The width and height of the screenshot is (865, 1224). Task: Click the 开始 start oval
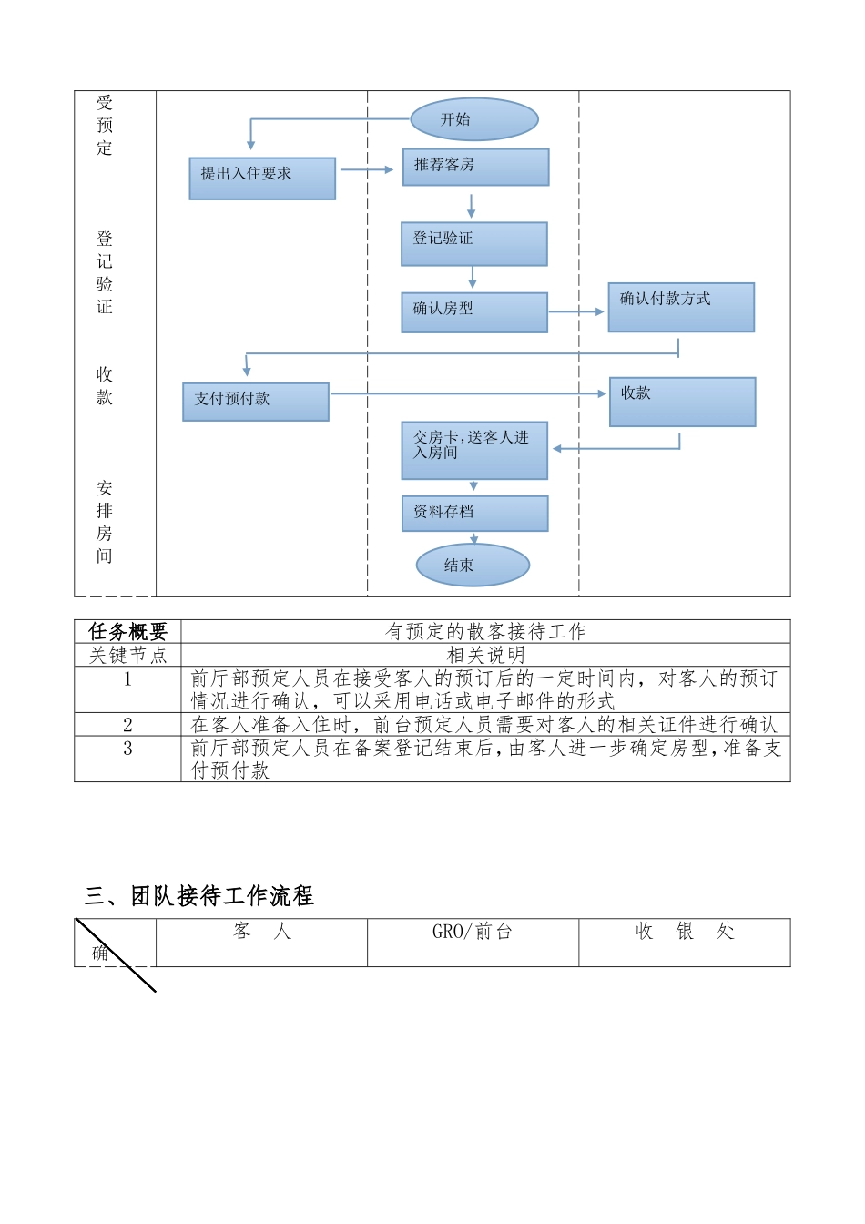[474, 119]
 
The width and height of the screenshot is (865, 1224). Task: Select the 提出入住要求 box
[262, 178]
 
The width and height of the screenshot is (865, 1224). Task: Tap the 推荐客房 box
[475, 167]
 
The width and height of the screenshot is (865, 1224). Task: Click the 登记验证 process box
[473, 243]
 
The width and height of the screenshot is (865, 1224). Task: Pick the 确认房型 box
[473, 311]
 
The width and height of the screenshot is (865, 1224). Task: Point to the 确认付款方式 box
[681, 307]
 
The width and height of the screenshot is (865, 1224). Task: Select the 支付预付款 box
[256, 401]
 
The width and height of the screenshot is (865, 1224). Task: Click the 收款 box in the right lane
[682, 402]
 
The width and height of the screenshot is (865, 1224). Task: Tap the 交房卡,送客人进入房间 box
[474, 450]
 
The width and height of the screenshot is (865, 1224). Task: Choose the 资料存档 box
[474, 513]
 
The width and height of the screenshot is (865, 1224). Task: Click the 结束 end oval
[473, 566]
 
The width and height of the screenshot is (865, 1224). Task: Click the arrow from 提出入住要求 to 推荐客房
[366, 169]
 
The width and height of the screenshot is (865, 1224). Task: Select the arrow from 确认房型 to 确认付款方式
[576, 311]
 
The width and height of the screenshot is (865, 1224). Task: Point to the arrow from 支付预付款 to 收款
[468, 393]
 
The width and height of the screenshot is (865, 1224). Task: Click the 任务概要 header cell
[127, 632]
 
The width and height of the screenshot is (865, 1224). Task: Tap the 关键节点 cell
[127, 655]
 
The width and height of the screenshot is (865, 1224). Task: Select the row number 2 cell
[127, 725]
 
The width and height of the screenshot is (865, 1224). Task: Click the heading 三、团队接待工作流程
[198, 896]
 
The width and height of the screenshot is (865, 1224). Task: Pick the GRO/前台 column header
[473, 932]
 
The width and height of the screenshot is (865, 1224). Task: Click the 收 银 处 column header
[685, 932]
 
